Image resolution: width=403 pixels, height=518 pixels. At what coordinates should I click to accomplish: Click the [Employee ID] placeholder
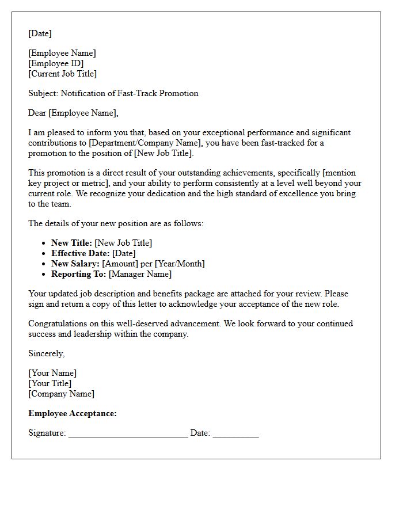(x=56, y=63)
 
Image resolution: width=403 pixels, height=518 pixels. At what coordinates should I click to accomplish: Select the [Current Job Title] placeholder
(x=62, y=74)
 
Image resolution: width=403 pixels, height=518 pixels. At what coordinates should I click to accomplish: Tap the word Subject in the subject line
(x=43, y=93)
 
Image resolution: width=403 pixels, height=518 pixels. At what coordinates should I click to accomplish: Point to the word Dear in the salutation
(x=37, y=113)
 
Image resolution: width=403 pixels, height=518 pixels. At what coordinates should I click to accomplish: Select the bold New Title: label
(x=71, y=243)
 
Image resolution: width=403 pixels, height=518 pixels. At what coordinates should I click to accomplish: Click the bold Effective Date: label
(x=81, y=253)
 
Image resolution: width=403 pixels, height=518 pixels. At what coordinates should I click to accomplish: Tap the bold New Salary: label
(x=75, y=264)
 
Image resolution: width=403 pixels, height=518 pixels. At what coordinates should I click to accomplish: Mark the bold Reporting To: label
(x=79, y=274)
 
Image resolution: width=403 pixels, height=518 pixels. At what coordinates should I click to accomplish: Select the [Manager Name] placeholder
(x=140, y=274)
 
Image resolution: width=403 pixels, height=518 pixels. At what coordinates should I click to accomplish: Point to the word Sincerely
(x=46, y=353)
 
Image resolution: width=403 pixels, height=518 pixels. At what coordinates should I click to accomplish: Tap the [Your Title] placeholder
(x=50, y=383)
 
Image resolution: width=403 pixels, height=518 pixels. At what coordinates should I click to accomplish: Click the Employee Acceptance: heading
(x=73, y=413)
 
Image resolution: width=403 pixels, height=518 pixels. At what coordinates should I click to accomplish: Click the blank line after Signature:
(x=128, y=434)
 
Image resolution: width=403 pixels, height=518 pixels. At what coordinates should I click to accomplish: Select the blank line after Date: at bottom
(x=235, y=434)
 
